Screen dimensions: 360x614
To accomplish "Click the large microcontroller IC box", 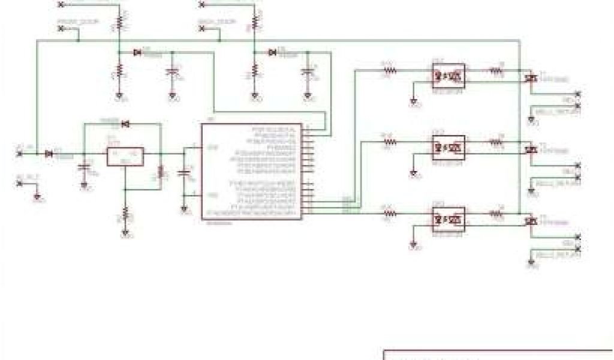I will tap(252, 172).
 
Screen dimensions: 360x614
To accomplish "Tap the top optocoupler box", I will tap(448, 76).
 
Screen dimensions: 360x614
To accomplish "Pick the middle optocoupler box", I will tap(448, 146).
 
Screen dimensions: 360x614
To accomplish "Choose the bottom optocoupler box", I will tap(448, 218).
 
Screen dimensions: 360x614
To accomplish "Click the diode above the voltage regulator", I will tap(125, 124).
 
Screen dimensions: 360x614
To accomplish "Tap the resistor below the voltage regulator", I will tap(125, 212).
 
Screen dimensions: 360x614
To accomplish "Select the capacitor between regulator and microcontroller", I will tap(184, 173).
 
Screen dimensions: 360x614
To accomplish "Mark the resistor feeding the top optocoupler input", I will tap(390, 70).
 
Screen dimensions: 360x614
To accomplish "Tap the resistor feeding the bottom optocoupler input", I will tap(390, 213).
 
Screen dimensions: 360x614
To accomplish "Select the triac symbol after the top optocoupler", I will tap(529, 78).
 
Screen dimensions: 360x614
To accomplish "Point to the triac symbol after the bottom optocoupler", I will tap(529, 221).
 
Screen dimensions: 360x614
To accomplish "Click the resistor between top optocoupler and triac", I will tap(496, 70).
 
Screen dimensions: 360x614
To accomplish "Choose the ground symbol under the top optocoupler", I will tap(413, 101).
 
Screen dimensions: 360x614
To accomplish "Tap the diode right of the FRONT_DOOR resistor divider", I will tap(138, 53).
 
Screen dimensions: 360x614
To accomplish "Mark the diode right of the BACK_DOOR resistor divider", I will tap(273, 53).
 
